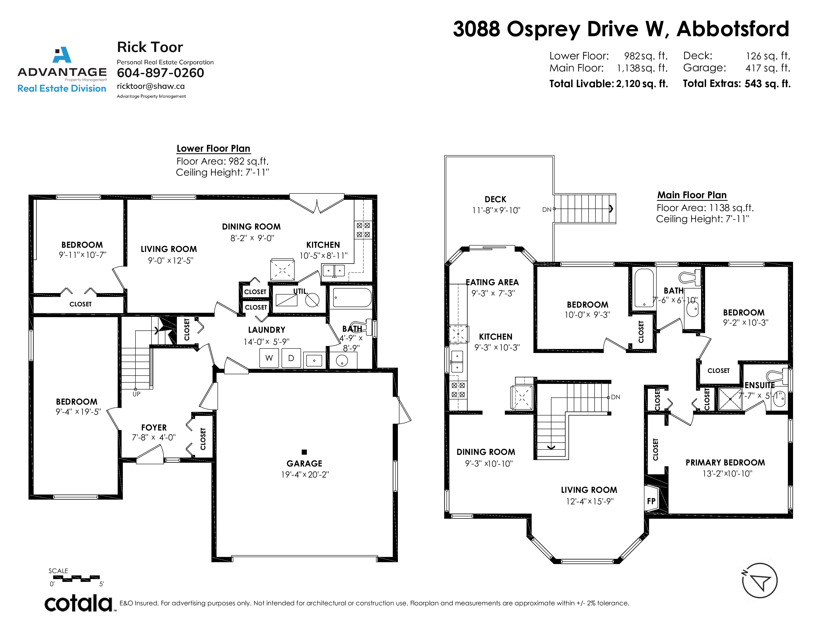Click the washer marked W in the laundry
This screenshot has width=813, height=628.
point(269,358)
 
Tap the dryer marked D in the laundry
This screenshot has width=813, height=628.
point(291,358)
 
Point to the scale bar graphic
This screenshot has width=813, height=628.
point(76,578)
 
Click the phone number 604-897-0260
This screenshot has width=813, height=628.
point(160,73)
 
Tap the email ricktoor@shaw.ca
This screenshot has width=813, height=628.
point(151,86)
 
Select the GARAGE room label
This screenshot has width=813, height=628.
point(304,463)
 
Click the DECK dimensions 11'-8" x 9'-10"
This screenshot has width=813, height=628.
point(496,210)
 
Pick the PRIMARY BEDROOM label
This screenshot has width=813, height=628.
point(725,463)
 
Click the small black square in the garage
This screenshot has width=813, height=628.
point(304,452)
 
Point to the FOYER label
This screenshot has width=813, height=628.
point(154,428)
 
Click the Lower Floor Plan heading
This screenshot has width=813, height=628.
point(213,149)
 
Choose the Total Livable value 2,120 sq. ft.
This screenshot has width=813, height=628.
point(642,84)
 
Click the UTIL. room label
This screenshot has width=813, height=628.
point(300,291)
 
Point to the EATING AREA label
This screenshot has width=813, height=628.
point(492,282)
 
